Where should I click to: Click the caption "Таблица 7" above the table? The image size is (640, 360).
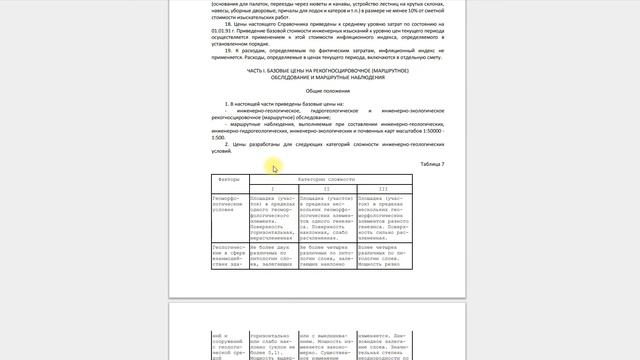click(432, 163)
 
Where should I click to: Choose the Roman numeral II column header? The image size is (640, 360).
click(326, 188)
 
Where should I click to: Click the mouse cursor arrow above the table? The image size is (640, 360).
click(275, 168)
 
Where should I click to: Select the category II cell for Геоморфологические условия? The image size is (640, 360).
click(326, 214)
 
